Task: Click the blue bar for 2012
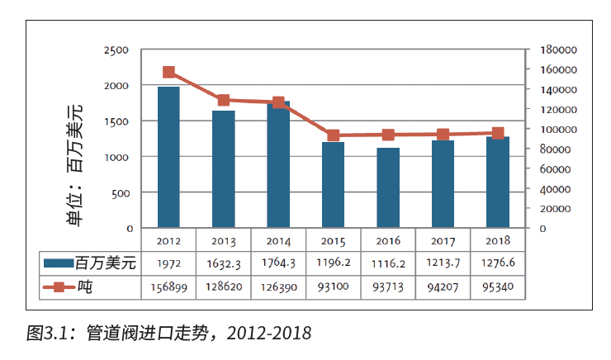click(168, 157)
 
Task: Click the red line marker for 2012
click(168, 73)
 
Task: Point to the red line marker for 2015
click(333, 135)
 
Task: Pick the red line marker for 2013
click(223, 101)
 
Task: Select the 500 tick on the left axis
click(119, 192)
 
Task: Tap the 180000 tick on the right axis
click(558, 50)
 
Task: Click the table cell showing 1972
click(168, 263)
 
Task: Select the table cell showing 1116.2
click(388, 263)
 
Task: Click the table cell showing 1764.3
click(278, 263)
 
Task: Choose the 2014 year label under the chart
click(278, 240)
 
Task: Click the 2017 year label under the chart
click(443, 240)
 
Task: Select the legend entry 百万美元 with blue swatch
click(92, 263)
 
